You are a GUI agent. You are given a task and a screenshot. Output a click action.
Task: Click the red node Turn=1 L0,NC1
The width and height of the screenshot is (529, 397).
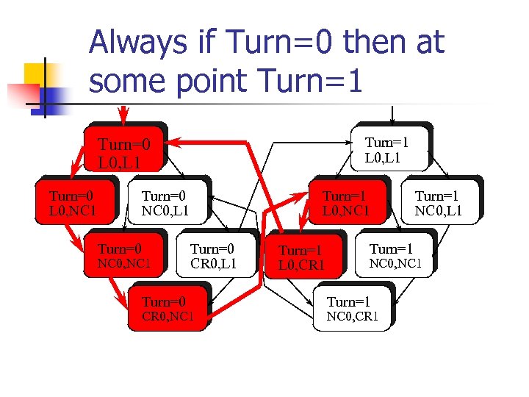(x=345, y=203)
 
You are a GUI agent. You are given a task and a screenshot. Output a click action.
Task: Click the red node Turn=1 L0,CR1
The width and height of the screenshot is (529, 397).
(x=303, y=257)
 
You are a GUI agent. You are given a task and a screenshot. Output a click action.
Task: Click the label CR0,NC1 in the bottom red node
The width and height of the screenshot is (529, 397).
(x=168, y=317)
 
